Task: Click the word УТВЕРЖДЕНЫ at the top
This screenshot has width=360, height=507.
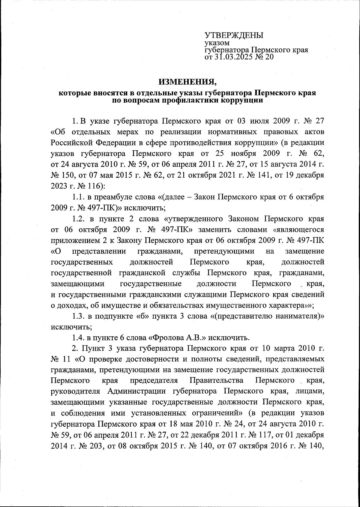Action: click(x=234, y=35)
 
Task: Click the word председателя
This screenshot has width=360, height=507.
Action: click(x=154, y=381)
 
